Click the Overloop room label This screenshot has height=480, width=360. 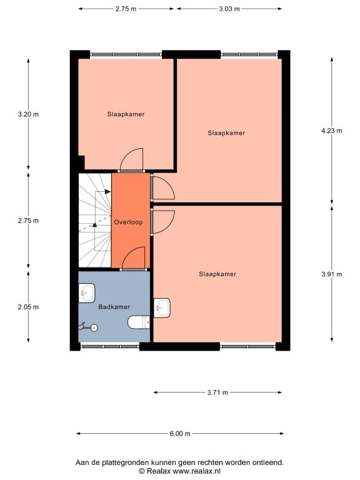click(128, 222)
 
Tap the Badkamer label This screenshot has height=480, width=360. click(114, 307)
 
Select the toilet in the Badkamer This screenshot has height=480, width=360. click(139, 322)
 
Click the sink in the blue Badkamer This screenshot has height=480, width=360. click(87, 293)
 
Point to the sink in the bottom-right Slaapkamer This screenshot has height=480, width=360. click(162, 307)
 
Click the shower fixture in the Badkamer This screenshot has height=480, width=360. click(88, 327)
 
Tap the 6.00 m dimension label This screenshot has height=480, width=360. click(180, 434)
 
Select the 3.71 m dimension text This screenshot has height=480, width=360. click(217, 392)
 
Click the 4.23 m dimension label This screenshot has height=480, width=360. click(331, 131)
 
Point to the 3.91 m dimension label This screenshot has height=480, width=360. click(331, 274)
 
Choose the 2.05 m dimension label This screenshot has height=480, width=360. click(28, 307)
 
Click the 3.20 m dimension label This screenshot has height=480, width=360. click(28, 114)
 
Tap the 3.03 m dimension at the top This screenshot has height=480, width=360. click(229, 9)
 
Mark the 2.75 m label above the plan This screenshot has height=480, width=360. click(126, 9)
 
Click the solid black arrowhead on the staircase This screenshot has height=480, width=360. click(107, 192)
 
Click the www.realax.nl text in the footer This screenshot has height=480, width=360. click(196, 471)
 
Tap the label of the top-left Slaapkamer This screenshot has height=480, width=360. click(126, 114)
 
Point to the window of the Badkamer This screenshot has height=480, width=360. click(110, 346)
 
